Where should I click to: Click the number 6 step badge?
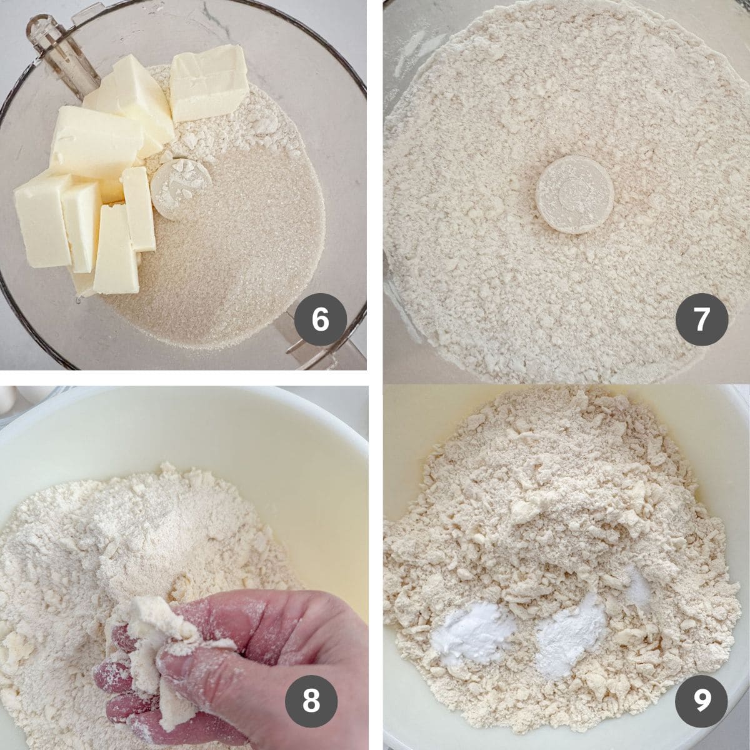click(x=320, y=320)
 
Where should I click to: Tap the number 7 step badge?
click(x=701, y=320)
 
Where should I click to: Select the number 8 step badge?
click(x=311, y=701)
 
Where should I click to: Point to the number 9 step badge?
click(x=701, y=701)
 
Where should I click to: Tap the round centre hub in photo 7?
click(x=573, y=194)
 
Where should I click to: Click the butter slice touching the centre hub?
click(x=139, y=208)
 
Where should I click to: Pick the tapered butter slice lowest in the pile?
click(x=116, y=250)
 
